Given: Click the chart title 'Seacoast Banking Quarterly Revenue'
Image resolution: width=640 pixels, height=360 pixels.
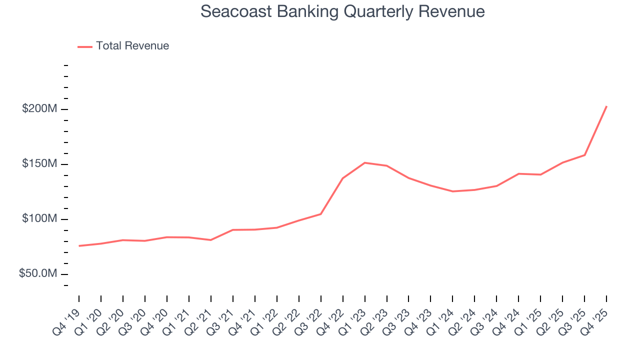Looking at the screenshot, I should pyautogui.click(x=342, y=11).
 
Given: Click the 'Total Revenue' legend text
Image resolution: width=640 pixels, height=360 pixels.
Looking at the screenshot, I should pyautogui.click(x=132, y=46).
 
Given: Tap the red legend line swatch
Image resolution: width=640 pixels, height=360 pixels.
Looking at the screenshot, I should pyautogui.click(x=85, y=46).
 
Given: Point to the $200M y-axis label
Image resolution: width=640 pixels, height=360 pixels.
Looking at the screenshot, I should pyautogui.click(x=39, y=109).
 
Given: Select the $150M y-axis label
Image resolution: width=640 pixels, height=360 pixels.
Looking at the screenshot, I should pyautogui.click(x=39, y=164).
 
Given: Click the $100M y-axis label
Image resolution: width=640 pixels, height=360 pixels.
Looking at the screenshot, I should pyautogui.click(x=39, y=219).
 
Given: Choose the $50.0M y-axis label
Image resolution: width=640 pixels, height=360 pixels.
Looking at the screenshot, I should pyautogui.click(x=38, y=274).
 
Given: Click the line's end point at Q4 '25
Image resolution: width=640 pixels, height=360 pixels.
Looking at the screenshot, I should pyautogui.click(x=606, y=106).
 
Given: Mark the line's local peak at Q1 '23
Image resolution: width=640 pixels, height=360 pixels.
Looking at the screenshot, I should pyautogui.click(x=364, y=162).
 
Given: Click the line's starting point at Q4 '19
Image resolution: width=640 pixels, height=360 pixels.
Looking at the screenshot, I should pyautogui.click(x=79, y=245).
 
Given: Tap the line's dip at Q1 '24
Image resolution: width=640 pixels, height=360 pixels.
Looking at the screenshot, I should pyautogui.click(x=452, y=191).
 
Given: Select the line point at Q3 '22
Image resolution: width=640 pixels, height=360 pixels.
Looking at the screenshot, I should pyautogui.click(x=320, y=214).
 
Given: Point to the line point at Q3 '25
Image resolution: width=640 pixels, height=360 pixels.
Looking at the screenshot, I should pyautogui.click(x=584, y=155).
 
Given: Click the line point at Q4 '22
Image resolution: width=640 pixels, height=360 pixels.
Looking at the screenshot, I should pyautogui.click(x=342, y=178).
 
